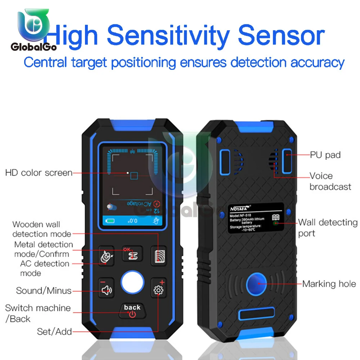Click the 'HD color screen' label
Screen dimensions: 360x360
coord(39,173)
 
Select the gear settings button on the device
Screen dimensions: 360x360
coord(158,289)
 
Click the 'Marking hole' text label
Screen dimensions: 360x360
coord(329,284)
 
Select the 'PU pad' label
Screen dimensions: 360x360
coord(325,155)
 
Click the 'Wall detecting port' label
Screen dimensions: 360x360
coord(328,228)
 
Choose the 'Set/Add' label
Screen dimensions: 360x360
coord(54,332)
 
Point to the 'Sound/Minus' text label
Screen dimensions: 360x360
coord(44,291)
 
